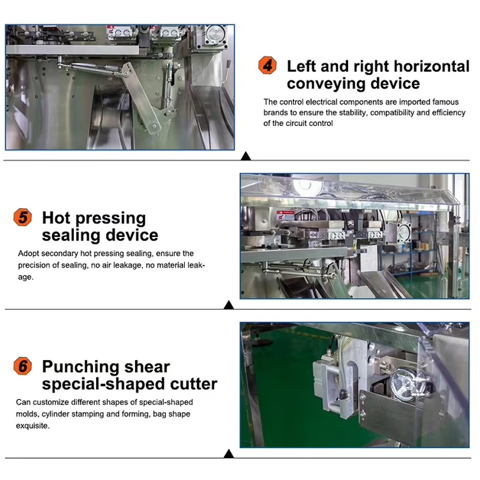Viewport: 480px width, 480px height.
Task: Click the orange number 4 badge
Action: coord(267,65)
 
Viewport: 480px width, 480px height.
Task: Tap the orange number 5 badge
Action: coord(23,217)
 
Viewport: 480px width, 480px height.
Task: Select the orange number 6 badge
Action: coord(23,366)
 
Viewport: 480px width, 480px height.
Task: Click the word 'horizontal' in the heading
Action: coord(431,66)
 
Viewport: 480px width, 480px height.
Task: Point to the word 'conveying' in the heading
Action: coord(326,84)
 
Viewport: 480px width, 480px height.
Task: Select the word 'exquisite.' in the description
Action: coord(33,426)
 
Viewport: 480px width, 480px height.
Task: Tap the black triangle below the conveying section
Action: coord(246,156)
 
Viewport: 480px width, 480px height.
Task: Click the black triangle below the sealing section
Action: coord(229,305)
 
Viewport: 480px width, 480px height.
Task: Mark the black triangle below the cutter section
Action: coord(229,454)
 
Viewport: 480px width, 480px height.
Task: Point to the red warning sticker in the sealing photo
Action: coord(285,215)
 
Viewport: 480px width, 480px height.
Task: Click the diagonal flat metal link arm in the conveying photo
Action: coord(141,97)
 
